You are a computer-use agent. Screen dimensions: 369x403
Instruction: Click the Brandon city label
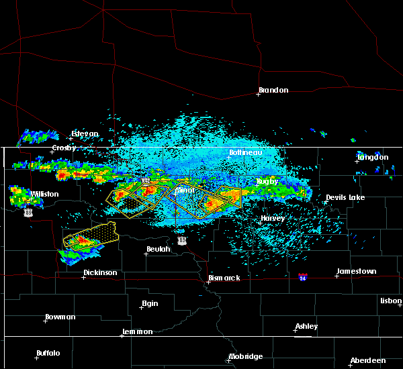[x=273, y=90]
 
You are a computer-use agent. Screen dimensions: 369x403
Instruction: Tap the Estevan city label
[x=85, y=134]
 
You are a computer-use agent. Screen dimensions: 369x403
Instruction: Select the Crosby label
[x=64, y=148]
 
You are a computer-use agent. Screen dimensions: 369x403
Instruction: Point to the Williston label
[x=44, y=194]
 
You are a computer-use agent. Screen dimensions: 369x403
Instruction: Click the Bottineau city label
[x=244, y=152]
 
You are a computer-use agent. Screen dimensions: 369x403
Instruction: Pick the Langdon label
[x=373, y=157]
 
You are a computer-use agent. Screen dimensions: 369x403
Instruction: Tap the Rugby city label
[x=267, y=181]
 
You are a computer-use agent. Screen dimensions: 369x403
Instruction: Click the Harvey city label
[x=273, y=218]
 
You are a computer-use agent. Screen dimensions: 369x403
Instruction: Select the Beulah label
[x=159, y=249]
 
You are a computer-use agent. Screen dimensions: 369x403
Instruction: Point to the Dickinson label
[x=100, y=272]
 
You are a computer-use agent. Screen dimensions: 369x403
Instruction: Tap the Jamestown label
[x=356, y=271]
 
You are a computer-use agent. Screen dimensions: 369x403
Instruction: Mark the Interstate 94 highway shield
[x=303, y=277]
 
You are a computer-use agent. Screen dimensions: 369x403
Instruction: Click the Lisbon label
[x=391, y=301]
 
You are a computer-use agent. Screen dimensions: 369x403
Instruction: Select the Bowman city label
[x=60, y=317]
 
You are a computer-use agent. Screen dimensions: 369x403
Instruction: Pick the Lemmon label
[x=138, y=331]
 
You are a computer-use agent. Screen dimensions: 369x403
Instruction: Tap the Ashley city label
[x=308, y=326]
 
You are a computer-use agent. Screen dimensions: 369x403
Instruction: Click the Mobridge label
[x=246, y=356]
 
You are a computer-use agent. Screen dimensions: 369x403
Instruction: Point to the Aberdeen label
[x=369, y=360]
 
